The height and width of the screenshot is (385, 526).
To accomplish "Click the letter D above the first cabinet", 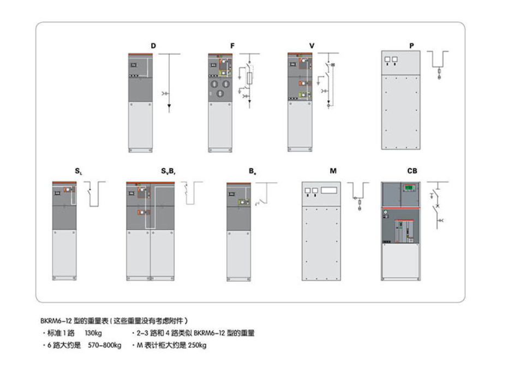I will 153,46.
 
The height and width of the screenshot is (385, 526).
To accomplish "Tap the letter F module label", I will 232,46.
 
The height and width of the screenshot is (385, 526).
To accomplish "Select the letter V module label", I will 312,46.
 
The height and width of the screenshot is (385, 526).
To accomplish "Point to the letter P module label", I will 411,46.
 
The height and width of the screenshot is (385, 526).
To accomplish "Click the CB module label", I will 412,171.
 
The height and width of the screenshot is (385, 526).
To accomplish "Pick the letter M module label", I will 333,171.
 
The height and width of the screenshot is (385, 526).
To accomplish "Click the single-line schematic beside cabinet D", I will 169,82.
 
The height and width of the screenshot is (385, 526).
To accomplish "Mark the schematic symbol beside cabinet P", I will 438,64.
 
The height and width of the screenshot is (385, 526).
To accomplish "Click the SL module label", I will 79,171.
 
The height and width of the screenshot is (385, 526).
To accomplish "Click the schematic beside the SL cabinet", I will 96,194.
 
